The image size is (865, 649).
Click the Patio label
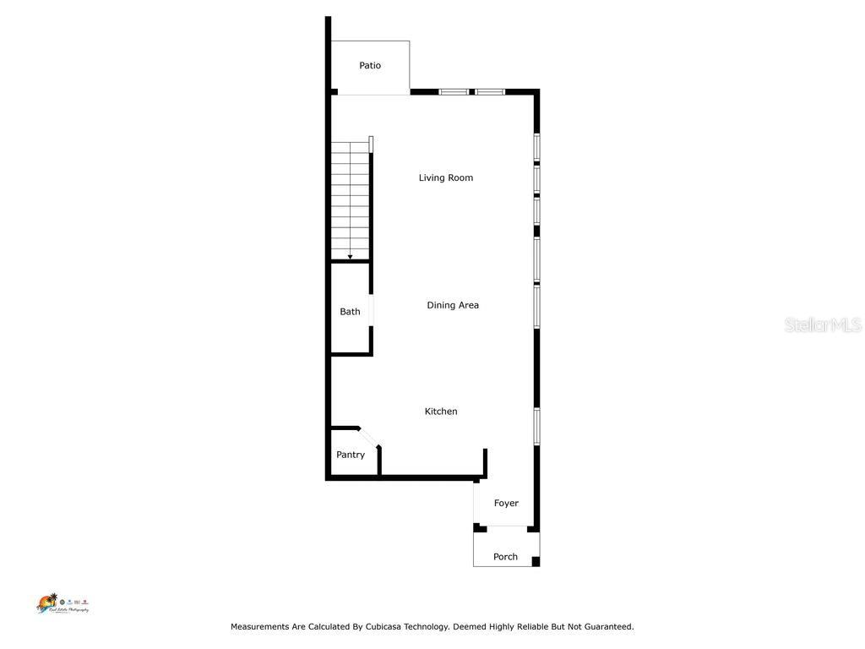pos(370,65)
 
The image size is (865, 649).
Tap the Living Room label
pos(446,177)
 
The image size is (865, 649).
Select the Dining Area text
pos(453,305)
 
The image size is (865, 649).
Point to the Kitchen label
pos(441,412)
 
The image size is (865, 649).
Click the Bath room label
pos(350,312)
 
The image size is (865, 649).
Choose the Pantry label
pos(351,455)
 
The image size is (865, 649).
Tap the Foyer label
pos(506,503)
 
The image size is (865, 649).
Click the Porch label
pos(505,557)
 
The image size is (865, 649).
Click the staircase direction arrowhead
pos(351,257)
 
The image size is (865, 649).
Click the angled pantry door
pos(370,436)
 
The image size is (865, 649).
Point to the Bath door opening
pos(372,309)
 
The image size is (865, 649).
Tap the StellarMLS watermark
pos(823,324)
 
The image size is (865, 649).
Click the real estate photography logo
pos(62,603)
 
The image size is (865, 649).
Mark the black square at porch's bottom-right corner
pos(536,561)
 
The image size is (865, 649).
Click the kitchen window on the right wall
pos(536,427)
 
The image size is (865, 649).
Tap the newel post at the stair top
pos(371,144)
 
